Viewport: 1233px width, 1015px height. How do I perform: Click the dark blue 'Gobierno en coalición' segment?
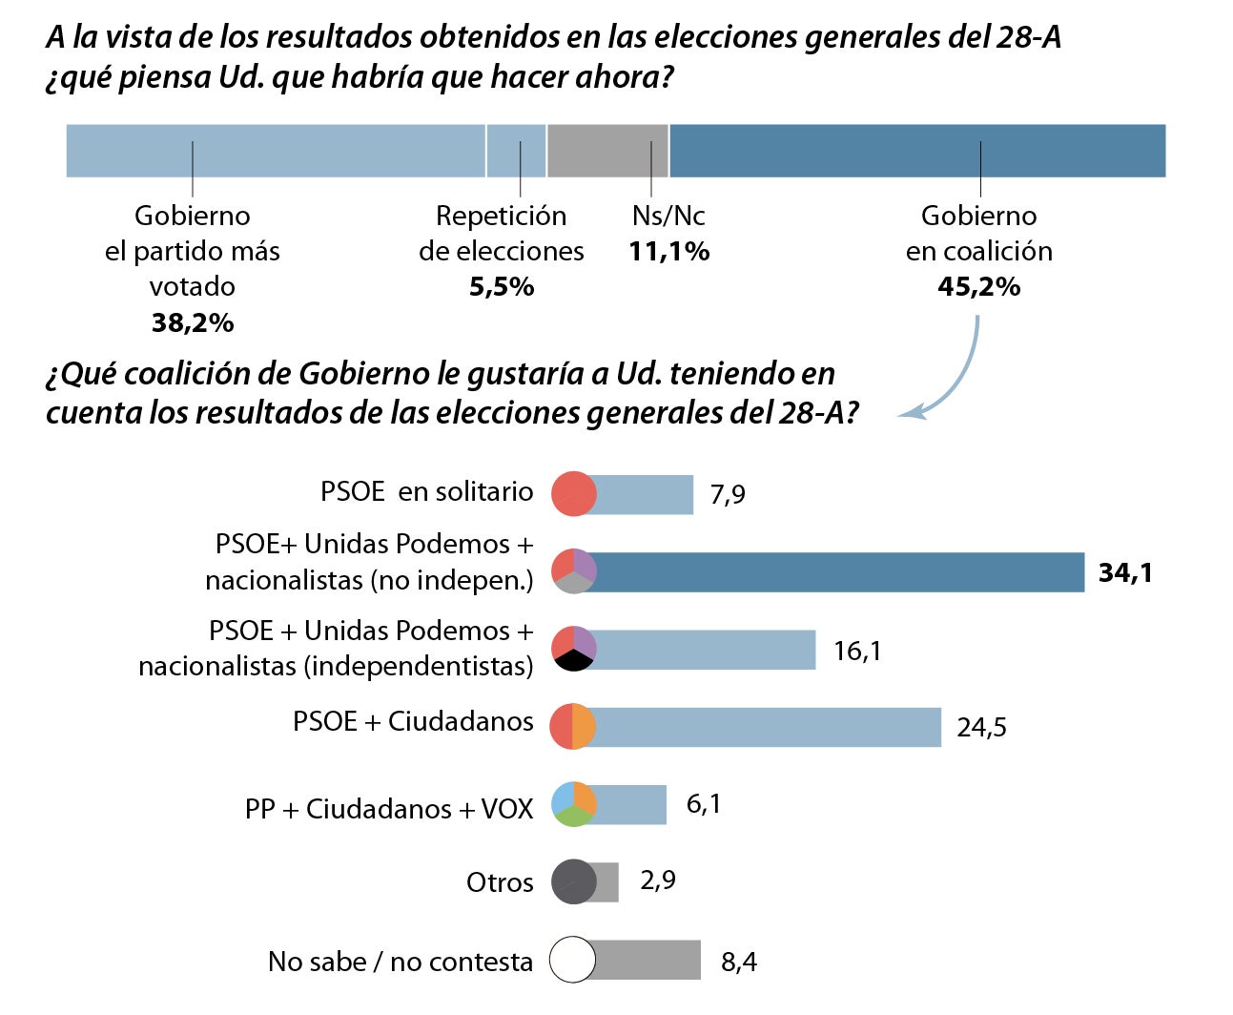[x=917, y=151]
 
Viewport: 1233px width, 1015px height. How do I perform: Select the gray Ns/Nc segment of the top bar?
[x=607, y=151]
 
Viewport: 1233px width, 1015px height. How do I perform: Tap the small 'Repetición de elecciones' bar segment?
[x=516, y=151]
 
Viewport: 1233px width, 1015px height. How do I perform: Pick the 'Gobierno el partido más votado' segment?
[x=276, y=151]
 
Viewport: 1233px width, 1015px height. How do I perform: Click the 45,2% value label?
[x=978, y=287]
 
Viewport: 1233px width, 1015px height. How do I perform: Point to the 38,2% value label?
[x=192, y=323]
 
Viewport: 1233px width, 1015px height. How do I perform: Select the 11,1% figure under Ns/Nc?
[x=668, y=252]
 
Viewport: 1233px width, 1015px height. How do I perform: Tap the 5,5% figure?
[x=501, y=287]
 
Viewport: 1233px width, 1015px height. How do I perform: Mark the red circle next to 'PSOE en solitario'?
[x=573, y=494]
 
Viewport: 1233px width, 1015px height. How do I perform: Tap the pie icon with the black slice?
[x=573, y=649]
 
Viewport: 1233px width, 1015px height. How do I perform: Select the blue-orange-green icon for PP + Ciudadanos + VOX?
[x=573, y=803]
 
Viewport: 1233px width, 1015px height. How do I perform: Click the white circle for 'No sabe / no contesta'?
[x=573, y=960]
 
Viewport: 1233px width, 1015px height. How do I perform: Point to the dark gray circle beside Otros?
[x=573, y=881]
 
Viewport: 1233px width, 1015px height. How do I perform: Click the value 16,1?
[x=856, y=652]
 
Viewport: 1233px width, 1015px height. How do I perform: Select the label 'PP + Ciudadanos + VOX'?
[x=388, y=809]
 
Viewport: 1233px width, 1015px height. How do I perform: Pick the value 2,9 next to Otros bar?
[x=658, y=880]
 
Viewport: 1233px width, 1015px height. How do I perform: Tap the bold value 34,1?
[x=1125, y=572]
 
